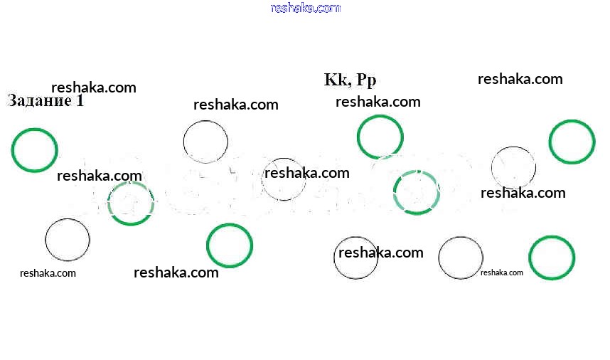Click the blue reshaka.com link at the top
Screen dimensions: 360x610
click(306, 8)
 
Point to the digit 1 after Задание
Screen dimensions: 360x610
click(80, 101)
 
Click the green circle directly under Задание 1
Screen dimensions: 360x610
click(34, 150)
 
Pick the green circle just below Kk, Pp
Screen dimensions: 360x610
click(380, 137)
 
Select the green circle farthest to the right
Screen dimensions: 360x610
click(572, 142)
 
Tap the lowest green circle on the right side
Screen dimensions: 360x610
click(552, 258)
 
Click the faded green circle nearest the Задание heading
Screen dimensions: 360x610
click(131, 203)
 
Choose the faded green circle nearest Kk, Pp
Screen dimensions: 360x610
click(417, 192)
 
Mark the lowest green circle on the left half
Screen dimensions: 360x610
click(229, 245)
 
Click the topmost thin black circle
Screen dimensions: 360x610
click(205, 142)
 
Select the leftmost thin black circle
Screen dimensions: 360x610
click(68, 240)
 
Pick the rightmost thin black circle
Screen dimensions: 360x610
click(513, 168)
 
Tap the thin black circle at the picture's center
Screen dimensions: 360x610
click(284, 179)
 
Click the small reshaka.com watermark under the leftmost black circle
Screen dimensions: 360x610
click(48, 272)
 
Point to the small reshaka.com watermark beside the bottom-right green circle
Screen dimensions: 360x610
click(501, 272)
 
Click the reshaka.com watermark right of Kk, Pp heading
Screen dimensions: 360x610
click(520, 79)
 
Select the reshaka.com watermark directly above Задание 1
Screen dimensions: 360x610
click(93, 88)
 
